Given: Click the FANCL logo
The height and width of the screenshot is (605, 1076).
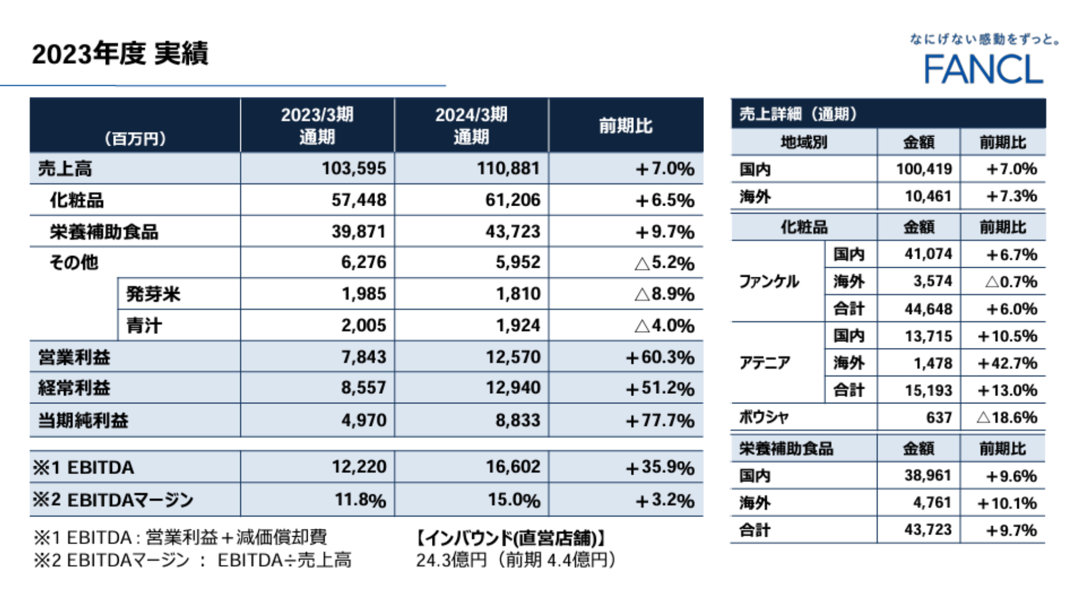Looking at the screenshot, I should point(984,69).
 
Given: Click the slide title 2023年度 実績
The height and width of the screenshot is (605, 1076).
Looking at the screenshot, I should point(120,54).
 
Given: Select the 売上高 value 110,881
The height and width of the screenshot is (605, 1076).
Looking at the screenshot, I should point(508,169).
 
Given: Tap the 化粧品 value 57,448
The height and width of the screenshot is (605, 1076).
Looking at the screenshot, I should point(359,200).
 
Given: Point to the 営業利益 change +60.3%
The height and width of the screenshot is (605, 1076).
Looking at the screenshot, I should point(660,357).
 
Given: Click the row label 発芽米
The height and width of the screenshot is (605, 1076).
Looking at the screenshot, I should point(153,294).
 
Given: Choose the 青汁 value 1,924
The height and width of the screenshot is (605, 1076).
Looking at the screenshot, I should point(518,325).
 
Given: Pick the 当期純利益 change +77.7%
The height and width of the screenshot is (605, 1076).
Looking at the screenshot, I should point(660,421).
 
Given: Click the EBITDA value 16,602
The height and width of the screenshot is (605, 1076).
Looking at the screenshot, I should point(513,467).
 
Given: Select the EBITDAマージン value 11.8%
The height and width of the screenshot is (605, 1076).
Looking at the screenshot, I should point(360,500).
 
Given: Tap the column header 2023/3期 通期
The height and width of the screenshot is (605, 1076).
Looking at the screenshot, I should point(317,125).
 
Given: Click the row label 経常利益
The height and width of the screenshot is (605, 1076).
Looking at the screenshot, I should point(74,388).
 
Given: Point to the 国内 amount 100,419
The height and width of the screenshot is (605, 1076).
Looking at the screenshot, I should point(924,169).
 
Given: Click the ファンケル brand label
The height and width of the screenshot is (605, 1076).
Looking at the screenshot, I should point(769,281).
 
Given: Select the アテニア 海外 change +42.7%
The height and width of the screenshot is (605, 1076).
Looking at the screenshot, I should point(1007,364).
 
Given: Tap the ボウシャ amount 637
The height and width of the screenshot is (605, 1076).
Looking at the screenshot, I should point(939,418).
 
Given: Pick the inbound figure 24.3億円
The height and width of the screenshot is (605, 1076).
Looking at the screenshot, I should point(451,560).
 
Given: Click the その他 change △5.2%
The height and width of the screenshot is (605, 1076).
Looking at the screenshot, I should point(664,263).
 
